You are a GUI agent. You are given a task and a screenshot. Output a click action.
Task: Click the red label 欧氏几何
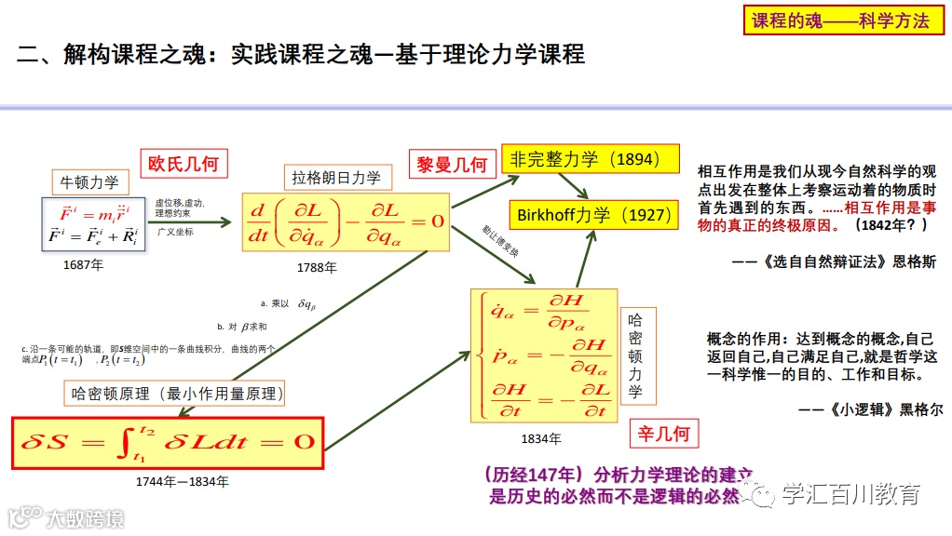[x=184, y=164]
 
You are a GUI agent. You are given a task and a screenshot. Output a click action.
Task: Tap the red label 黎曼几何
[x=452, y=165]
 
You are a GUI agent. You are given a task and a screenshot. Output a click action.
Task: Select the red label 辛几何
[x=666, y=435]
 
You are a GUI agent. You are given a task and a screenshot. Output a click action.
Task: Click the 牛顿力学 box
[x=89, y=181]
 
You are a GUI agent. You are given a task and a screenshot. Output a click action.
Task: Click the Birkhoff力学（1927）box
[x=593, y=215]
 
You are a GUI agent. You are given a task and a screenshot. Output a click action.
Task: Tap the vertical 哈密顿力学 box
[x=634, y=355]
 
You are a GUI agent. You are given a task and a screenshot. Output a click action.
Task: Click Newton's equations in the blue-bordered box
[x=92, y=223]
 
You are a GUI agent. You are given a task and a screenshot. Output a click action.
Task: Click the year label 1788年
[x=317, y=267]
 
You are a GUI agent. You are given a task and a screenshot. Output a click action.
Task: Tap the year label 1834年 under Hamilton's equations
[x=541, y=437]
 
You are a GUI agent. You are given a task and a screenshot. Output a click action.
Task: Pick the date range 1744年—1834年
[x=182, y=482]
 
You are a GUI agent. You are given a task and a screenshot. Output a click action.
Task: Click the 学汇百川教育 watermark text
[x=850, y=494]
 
